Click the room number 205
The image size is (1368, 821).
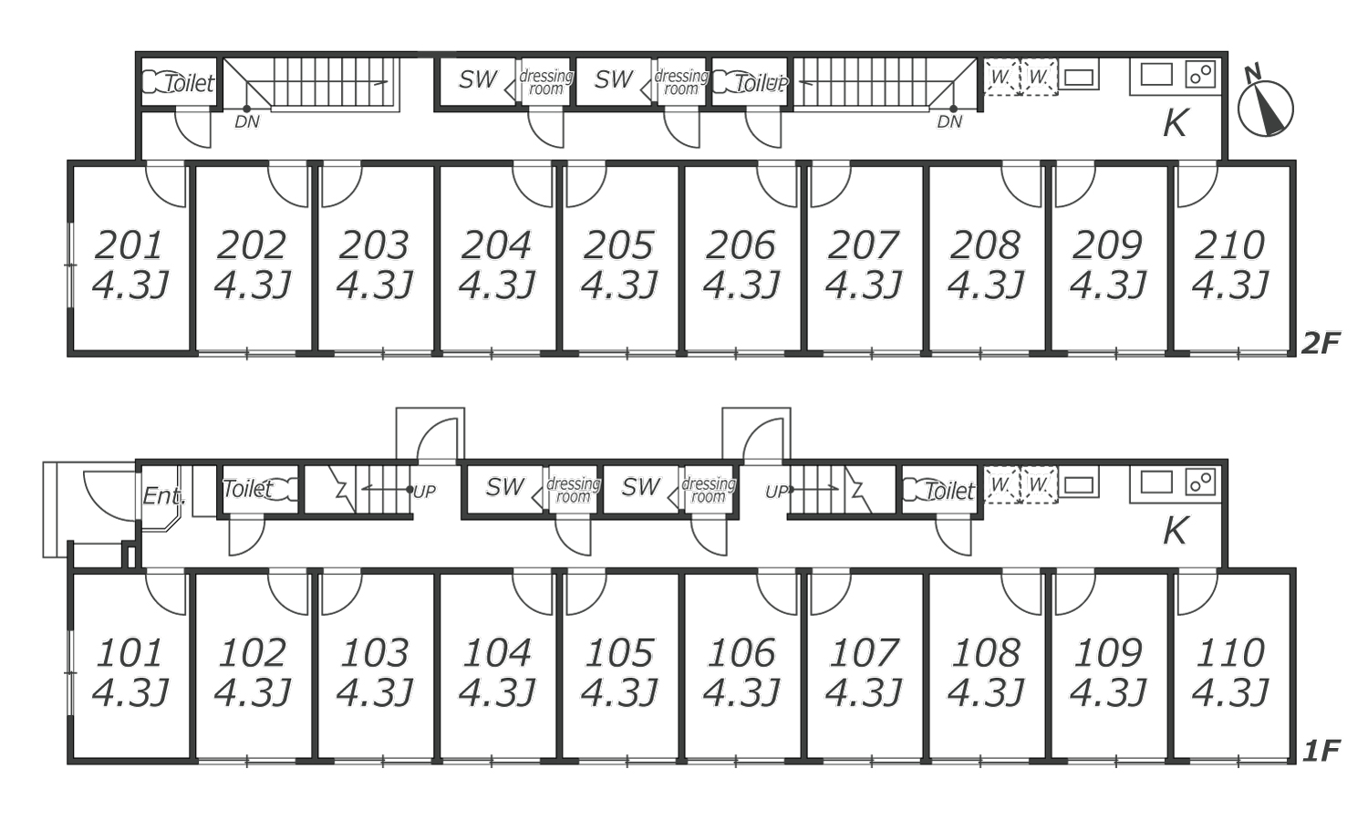pyautogui.click(x=618, y=245)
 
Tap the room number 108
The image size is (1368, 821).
pyautogui.click(x=986, y=653)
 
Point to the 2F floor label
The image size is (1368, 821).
pyautogui.click(x=1321, y=343)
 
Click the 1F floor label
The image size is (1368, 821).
pyautogui.click(x=1321, y=751)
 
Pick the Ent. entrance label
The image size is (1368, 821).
pyautogui.click(x=163, y=495)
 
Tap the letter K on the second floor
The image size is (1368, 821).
pyautogui.click(x=1175, y=123)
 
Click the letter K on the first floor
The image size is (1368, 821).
pyautogui.click(x=1175, y=531)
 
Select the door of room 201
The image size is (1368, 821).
pyautogui.click(x=165, y=184)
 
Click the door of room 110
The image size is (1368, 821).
pyautogui.click(x=1197, y=591)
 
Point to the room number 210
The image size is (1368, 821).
pyautogui.click(x=1229, y=245)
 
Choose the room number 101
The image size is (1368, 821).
pyautogui.click(x=130, y=653)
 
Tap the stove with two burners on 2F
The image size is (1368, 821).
pyautogui.click(x=1200, y=75)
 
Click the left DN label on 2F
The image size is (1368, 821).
pyautogui.click(x=247, y=122)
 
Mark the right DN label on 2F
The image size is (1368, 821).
pyautogui.click(x=949, y=122)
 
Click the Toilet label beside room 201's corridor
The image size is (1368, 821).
pyautogui.click(x=190, y=83)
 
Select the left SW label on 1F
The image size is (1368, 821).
pyautogui.click(x=504, y=487)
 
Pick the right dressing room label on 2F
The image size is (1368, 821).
pyautogui.click(x=681, y=82)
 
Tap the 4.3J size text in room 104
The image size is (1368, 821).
pyautogui.click(x=497, y=693)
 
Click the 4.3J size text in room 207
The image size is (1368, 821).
pyautogui.click(x=864, y=286)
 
